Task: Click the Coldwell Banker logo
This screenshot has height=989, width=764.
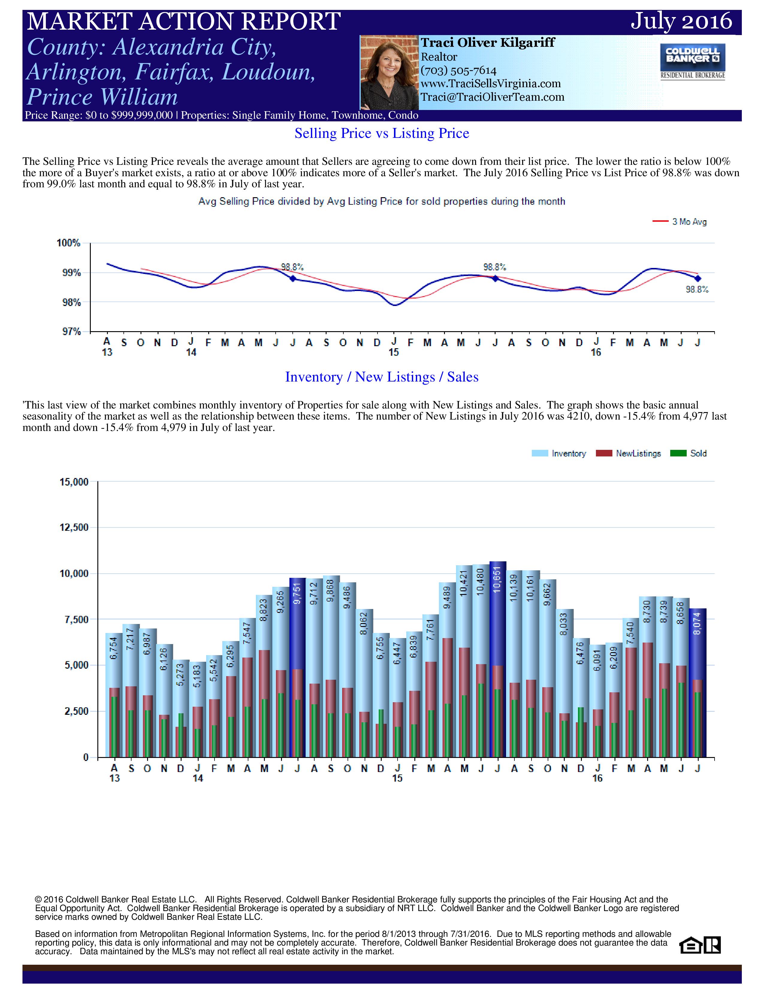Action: tap(692, 61)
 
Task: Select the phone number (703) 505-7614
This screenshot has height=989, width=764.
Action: tap(458, 71)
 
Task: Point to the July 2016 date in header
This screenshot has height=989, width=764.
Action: tap(681, 21)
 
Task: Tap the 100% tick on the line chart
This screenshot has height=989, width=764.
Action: tap(68, 243)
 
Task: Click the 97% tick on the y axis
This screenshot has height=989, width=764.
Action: tap(71, 332)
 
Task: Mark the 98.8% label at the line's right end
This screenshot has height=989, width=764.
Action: tap(697, 290)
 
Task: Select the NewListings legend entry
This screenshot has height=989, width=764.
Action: tap(629, 453)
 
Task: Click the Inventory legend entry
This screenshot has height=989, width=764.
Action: tap(559, 453)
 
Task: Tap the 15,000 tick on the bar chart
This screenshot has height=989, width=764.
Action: tap(74, 482)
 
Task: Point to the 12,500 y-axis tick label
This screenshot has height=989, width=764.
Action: tap(74, 527)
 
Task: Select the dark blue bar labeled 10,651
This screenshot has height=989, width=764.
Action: tap(498, 659)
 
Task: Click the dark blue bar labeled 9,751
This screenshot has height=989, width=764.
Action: tap(298, 667)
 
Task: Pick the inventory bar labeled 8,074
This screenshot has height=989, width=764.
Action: tap(698, 683)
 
